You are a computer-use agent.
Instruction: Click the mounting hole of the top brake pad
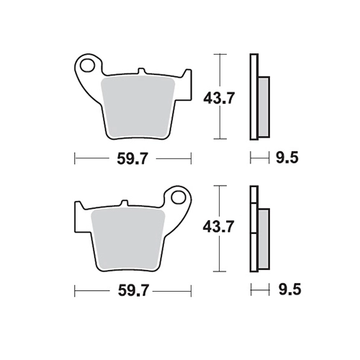tap(87, 65)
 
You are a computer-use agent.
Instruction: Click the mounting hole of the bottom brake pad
tap(179, 197)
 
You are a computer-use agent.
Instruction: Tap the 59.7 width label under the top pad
tap(132, 158)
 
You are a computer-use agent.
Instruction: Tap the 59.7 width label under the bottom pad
tap(132, 291)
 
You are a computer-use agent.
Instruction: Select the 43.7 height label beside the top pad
tap(218, 98)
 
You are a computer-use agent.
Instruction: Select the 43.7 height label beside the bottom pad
tap(218, 227)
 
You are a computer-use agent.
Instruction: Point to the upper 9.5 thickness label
tap(287, 158)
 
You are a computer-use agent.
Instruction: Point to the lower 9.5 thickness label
tap(289, 289)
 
